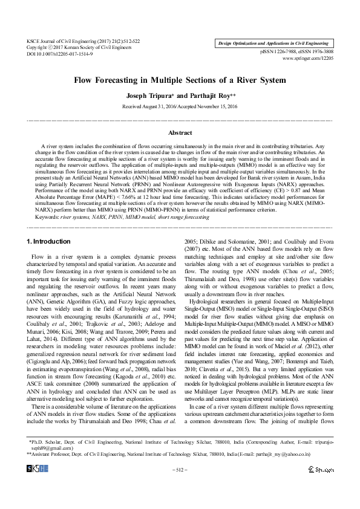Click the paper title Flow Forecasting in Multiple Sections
click(x=179, y=80)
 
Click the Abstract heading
click(x=180, y=132)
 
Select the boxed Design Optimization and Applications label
click(x=273, y=44)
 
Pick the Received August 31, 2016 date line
click(x=180, y=106)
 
